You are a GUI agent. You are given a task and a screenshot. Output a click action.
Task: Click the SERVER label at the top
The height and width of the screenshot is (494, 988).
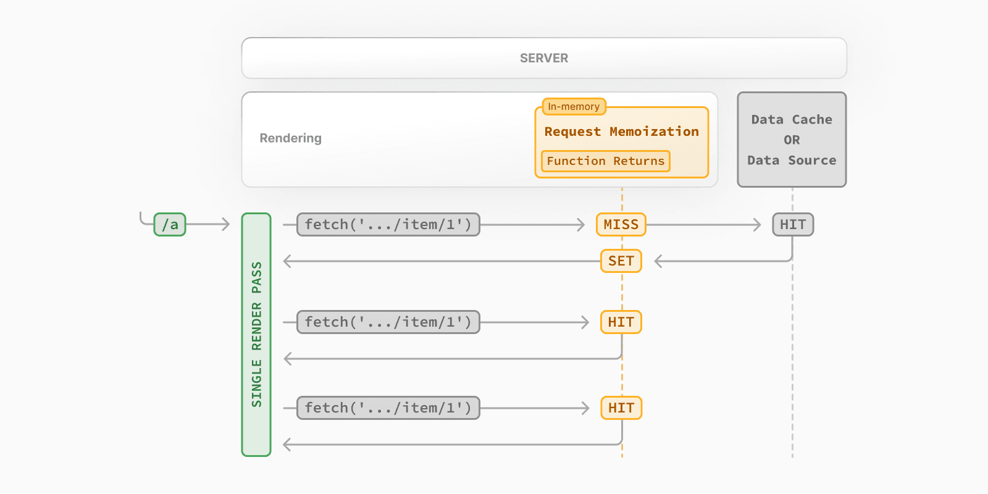543,58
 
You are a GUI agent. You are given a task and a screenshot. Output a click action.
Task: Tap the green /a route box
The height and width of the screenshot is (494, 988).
170,225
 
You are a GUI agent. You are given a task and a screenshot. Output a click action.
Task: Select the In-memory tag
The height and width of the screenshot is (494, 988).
574,107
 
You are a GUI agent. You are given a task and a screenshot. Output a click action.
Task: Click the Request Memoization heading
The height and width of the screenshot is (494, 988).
621,132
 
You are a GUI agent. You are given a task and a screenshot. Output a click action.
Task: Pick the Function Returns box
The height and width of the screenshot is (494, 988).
605,161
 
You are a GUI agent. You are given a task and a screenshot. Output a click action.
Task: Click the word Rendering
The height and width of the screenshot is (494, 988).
290,138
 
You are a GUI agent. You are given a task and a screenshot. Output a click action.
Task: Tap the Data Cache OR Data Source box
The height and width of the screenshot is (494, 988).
792,140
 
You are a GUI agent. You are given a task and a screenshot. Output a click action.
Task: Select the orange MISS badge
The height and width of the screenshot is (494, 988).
621,225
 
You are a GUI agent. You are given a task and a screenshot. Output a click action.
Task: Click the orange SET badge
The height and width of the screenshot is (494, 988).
621,261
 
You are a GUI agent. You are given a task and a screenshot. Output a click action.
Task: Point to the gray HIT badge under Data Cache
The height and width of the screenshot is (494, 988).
793,225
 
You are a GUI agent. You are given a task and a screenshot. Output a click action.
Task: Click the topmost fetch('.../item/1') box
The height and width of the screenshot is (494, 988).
388,225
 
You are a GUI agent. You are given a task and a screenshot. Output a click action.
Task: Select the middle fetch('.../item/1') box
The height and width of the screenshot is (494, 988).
388,322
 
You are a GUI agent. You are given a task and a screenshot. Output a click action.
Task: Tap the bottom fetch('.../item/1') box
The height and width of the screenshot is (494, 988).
388,408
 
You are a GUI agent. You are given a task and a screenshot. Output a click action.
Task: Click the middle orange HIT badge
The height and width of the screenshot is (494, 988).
621,322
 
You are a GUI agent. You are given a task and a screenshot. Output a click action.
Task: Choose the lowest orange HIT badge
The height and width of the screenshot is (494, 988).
621,408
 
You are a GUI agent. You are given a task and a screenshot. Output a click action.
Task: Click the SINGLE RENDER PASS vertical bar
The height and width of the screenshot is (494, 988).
256,335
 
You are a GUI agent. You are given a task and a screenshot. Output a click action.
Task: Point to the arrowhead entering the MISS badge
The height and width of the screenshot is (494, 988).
581,225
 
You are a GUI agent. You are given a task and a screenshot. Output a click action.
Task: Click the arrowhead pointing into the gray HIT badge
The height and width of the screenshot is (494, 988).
758,225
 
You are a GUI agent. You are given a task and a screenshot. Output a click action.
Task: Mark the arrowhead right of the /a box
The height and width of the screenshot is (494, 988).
226,225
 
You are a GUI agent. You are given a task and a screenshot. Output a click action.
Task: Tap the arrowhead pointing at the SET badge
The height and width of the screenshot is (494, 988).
658,261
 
